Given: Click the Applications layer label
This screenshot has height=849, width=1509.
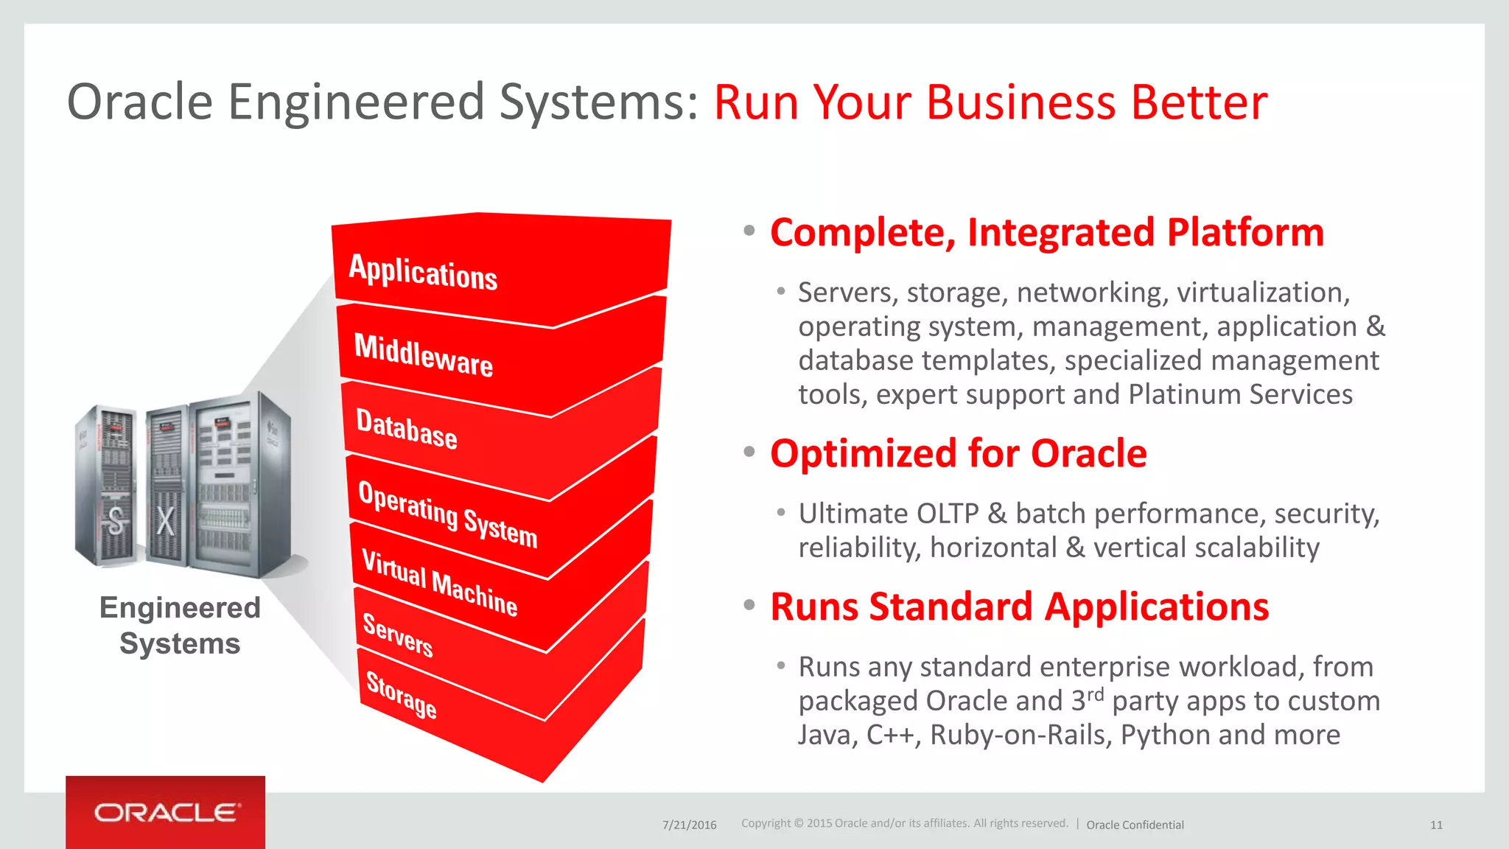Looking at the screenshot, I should [423, 272].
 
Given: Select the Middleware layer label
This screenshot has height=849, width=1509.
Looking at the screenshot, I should [424, 355].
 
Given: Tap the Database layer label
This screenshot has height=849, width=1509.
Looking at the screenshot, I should [407, 428].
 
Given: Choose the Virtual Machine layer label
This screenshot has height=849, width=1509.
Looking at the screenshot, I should [440, 583].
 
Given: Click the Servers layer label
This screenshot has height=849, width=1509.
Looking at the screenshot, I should [398, 635].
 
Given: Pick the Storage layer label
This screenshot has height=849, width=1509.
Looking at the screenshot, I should [402, 695].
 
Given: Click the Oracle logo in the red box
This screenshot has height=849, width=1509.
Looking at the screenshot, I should [166, 813].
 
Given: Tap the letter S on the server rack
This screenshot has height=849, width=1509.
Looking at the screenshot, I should [116, 521].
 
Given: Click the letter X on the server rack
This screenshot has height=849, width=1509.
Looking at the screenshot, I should [166, 521].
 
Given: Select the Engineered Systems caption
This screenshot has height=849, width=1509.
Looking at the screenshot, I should [180, 626].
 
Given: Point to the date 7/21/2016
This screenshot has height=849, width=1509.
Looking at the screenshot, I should [689, 825].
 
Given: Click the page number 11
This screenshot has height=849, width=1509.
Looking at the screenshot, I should [1436, 825].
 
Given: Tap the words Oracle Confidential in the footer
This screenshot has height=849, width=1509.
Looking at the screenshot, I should [1135, 825].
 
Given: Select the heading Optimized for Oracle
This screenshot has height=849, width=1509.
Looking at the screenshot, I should [958, 453].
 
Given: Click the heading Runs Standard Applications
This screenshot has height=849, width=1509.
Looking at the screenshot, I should [1019, 607].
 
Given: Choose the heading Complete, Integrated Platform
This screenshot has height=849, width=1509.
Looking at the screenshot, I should [1046, 232].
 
